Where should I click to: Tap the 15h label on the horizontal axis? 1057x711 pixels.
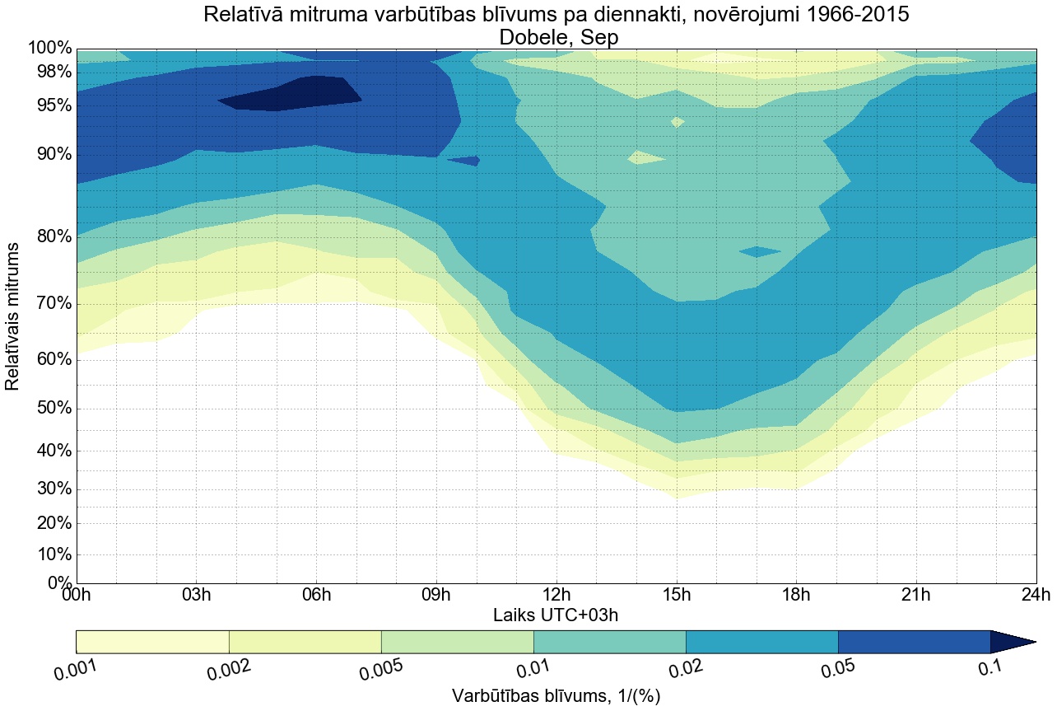coord(677,595)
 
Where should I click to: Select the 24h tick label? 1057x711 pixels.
coord(1036,595)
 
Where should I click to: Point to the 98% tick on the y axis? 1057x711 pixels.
coord(50,72)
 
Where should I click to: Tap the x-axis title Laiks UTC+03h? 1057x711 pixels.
coord(556,615)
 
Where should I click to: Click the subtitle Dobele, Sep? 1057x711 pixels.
coord(556,37)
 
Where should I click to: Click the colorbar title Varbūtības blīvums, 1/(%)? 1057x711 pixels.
coord(556,695)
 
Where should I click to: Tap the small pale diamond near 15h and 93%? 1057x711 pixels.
coord(677,122)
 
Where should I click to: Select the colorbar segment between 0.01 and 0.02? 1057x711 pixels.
coord(609,642)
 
